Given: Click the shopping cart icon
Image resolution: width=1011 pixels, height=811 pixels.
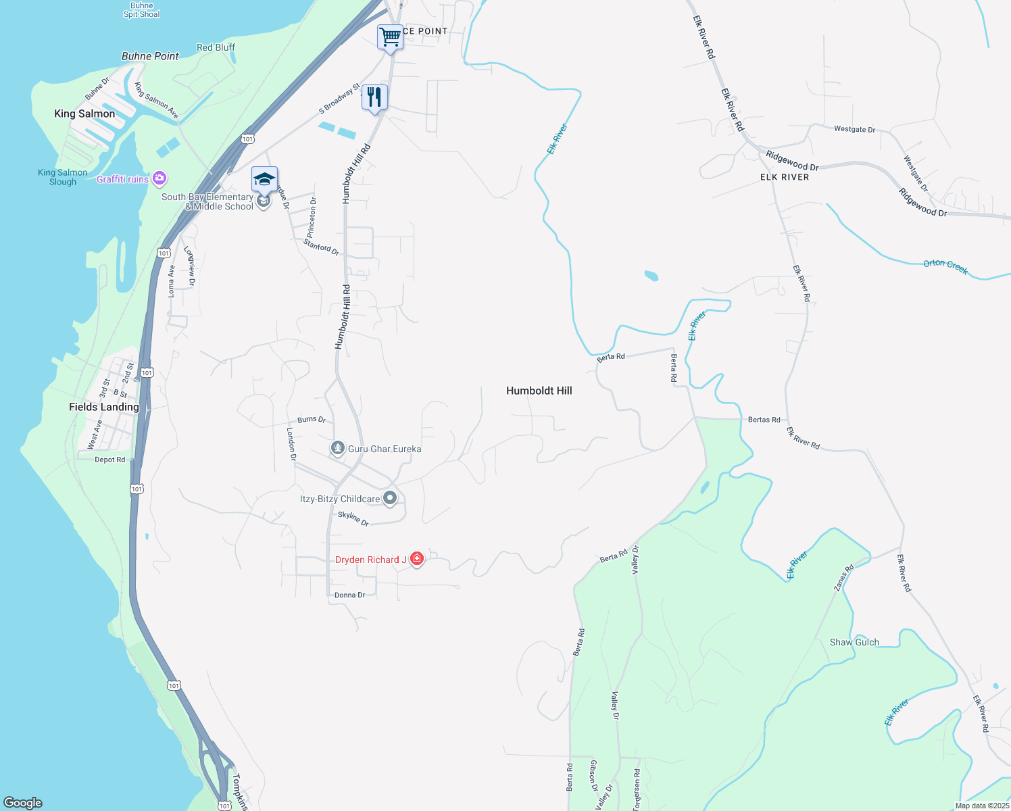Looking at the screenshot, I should click(x=390, y=36).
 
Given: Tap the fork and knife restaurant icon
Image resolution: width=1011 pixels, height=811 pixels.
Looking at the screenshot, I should click(x=374, y=97).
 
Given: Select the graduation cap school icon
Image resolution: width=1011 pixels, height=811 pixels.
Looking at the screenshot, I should click(x=264, y=179).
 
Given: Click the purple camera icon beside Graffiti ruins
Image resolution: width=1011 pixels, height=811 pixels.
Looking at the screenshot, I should click(x=159, y=178).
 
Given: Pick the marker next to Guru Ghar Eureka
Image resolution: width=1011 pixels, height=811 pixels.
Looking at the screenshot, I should click(x=338, y=448).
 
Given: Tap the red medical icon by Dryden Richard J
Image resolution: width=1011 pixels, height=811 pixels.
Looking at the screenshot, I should click(x=417, y=558).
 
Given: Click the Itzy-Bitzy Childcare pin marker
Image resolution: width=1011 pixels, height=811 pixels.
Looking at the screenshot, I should click(x=390, y=499).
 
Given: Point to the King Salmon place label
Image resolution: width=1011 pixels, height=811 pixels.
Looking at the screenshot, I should click(x=84, y=114).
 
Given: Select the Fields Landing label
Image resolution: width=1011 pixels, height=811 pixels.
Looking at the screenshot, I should click(x=104, y=407).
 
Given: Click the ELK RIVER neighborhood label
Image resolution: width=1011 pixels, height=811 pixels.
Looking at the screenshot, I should click(x=785, y=177).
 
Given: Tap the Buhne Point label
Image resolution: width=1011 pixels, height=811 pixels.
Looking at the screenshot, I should click(x=150, y=56).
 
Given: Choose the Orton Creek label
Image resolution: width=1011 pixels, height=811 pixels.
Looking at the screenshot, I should click(x=945, y=266).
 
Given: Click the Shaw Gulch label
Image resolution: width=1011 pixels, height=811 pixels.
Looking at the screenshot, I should click(x=854, y=642).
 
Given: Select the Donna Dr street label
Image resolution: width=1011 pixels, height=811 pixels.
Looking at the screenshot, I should click(x=349, y=595).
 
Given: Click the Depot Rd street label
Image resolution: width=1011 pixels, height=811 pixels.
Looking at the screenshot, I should click(x=109, y=460).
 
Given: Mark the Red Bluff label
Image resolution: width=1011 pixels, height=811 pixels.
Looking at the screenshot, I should click(x=216, y=47).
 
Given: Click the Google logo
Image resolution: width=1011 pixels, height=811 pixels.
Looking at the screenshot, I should click(x=23, y=802).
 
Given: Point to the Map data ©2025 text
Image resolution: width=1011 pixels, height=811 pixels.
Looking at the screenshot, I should click(x=982, y=806).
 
